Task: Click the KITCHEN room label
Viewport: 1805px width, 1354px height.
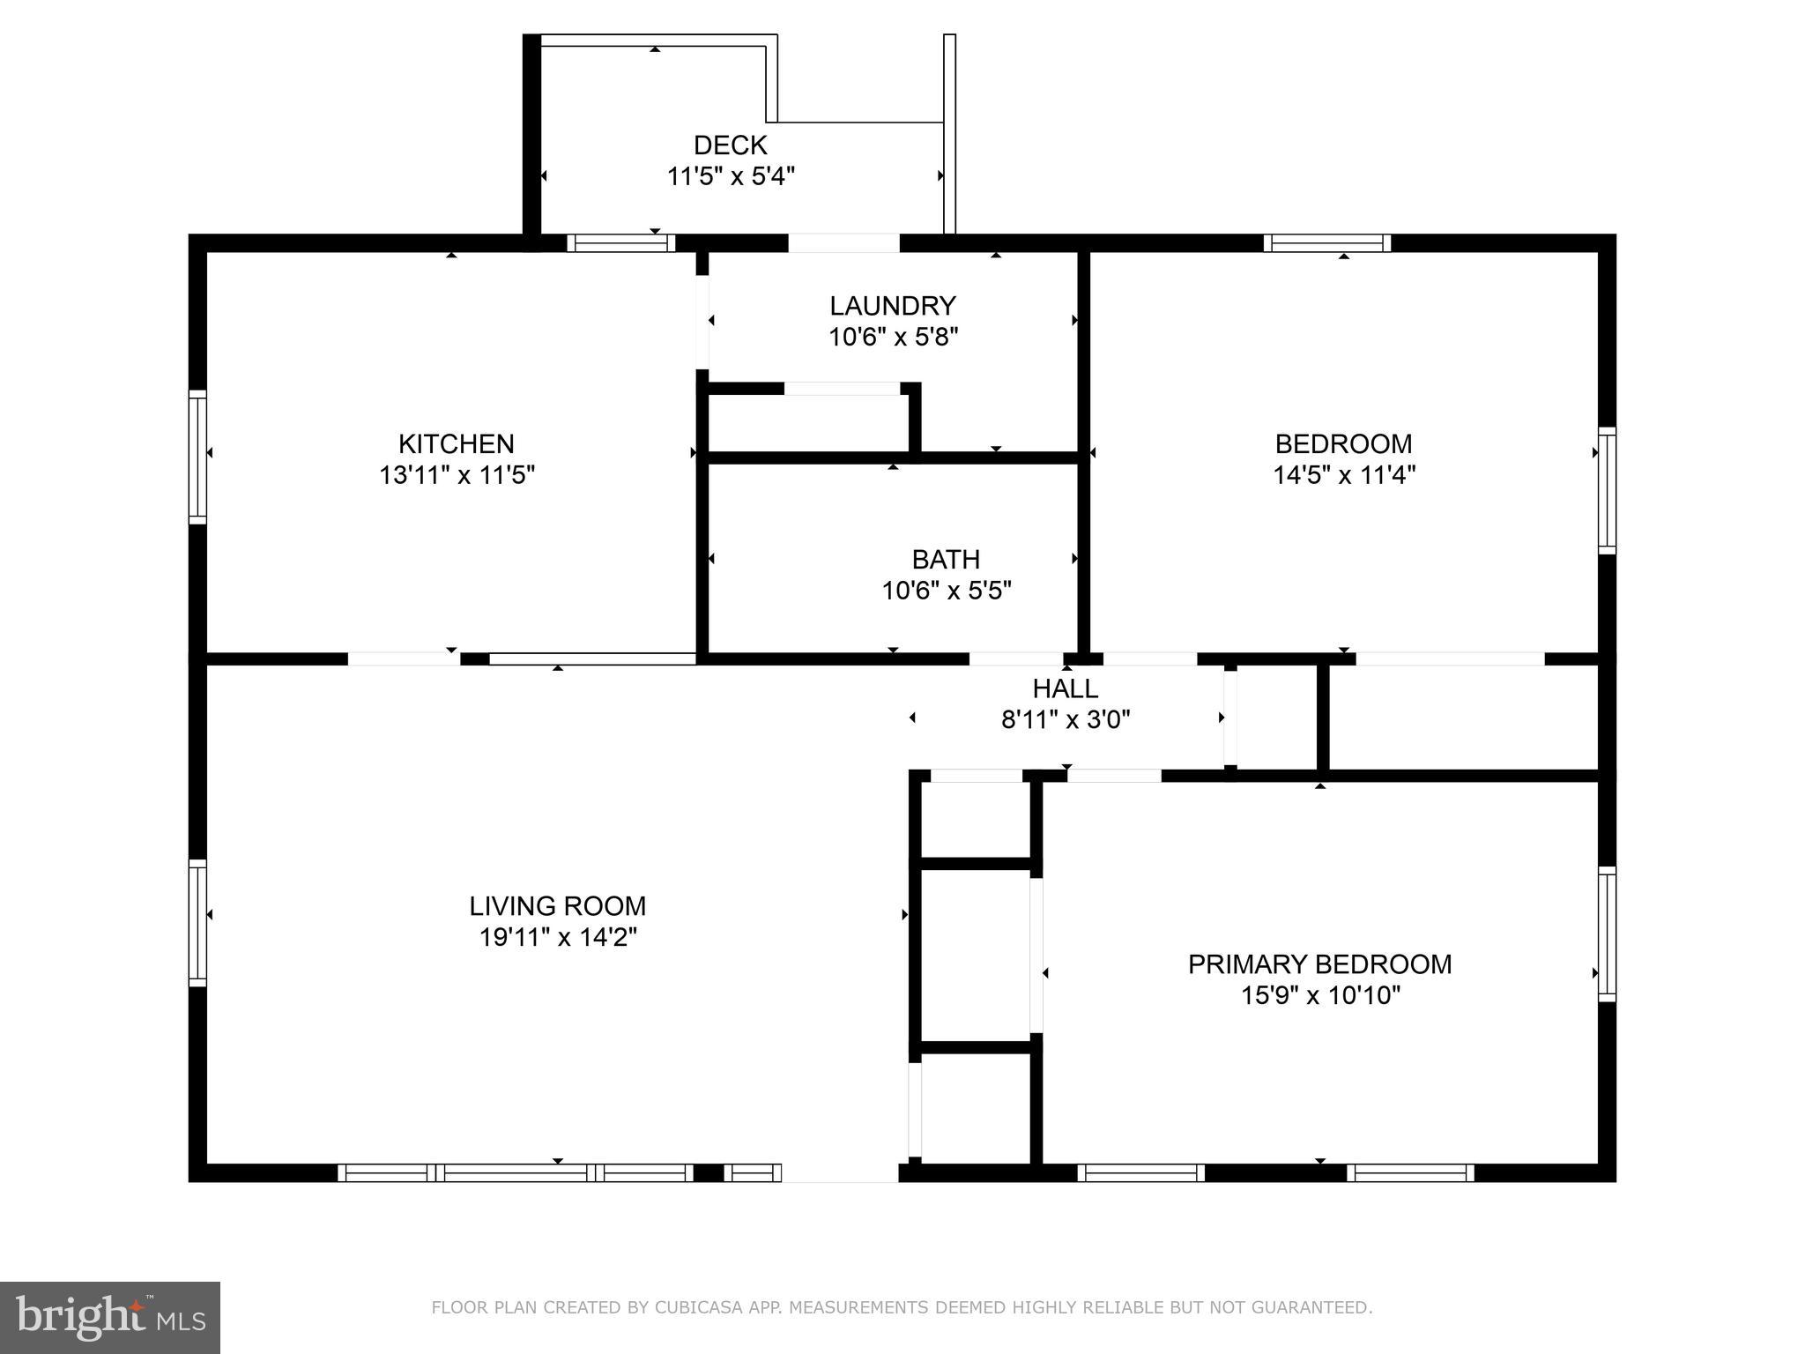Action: point(456,443)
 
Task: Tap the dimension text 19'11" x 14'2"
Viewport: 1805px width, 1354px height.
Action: point(557,937)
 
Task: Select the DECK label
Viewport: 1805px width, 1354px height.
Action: point(730,145)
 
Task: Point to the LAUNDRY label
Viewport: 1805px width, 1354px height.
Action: point(892,306)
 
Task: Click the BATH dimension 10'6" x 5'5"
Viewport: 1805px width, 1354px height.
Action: point(946,591)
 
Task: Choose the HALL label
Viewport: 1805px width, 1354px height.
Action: point(1065,688)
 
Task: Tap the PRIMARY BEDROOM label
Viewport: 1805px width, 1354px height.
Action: point(1319,964)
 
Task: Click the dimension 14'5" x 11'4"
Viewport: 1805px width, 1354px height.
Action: point(1343,475)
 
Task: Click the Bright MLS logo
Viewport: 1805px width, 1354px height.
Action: point(109,1318)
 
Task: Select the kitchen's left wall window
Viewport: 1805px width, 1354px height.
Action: point(197,457)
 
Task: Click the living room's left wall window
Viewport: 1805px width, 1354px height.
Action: point(197,923)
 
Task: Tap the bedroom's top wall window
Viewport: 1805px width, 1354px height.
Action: point(1326,243)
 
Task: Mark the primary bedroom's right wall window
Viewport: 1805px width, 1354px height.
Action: point(1607,934)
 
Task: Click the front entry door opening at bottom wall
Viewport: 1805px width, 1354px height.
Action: point(839,1172)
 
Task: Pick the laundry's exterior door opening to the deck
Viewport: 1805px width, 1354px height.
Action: point(843,243)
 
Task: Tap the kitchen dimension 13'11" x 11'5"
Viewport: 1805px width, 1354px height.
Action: point(457,475)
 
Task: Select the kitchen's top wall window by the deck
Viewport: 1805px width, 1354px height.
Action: point(620,243)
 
